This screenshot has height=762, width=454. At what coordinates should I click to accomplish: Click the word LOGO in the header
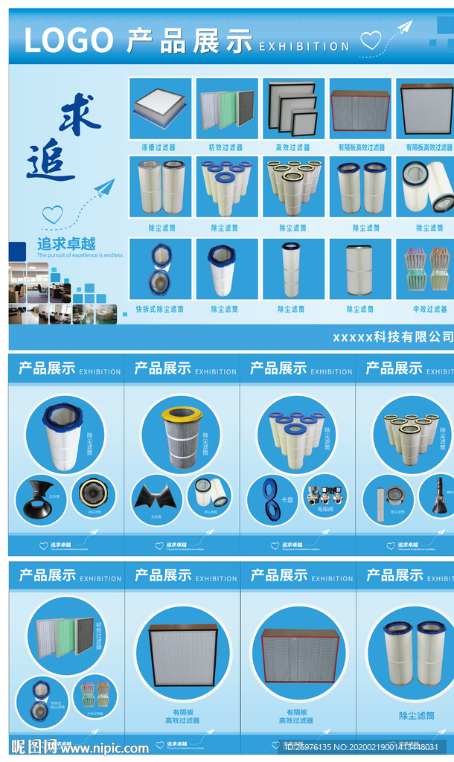(x=68, y=40)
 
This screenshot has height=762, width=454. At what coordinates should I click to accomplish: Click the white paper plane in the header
(x=403, y=28)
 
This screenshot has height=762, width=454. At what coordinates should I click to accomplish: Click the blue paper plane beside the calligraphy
(x=104, y=187)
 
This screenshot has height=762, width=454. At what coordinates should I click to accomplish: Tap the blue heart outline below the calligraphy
(x=52, y=215)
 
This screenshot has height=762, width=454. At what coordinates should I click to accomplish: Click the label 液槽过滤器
(x=159, y=147)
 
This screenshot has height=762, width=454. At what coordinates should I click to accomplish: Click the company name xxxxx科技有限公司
(x=392, y=337)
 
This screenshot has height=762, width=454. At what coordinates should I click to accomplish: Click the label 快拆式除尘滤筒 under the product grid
(x=159, y=309)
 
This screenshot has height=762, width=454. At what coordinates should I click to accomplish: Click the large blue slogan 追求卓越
(x=66, y=243)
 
